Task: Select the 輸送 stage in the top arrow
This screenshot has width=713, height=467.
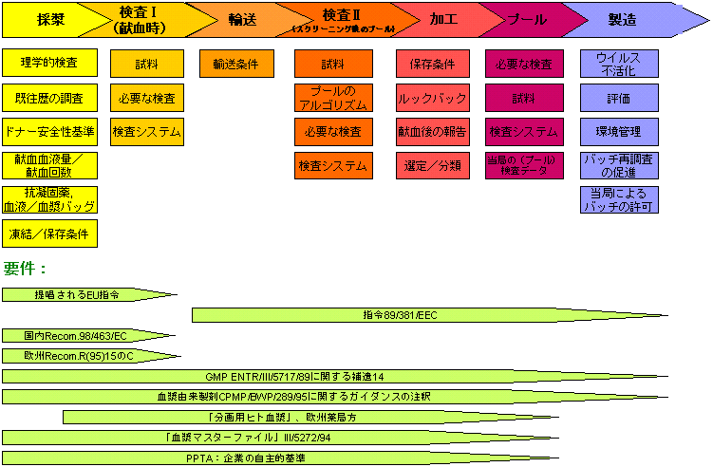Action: pyautogui.click(x=241, y=17)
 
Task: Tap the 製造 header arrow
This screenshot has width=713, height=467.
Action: pyautogui.click(x=622, y=17)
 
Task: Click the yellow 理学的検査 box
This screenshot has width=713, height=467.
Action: pyautogui.click(x=49, y=64)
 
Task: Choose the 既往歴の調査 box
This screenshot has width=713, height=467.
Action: pyautogui.click(x=49, y=98)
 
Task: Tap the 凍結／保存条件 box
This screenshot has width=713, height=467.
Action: pyautogui.click(x=49, y=233)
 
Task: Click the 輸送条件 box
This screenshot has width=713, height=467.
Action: pyautogui.click(x=235, y=64)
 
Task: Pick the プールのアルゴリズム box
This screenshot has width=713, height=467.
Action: pyautogui.click(x=332, y=98)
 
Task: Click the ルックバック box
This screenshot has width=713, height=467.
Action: pyautogui.click(x=432, y=98)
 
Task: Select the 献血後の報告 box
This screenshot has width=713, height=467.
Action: pyautogui.click(x=432, y=131)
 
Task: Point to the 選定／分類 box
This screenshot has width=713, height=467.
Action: pyautogui.click(x=432, y=165)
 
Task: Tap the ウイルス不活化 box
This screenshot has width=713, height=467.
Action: pyautogui.click(x=619, y=64)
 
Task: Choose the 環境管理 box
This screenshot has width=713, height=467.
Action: pyautogui.click(x=619, y=131)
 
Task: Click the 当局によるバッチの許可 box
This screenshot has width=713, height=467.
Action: pyautogui.click(x=619, y=199)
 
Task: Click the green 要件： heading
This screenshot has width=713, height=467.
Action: pyautogui.click(x=26, y=269)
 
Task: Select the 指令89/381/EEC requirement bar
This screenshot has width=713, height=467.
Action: pyautogui.click(x=399, y=315)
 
